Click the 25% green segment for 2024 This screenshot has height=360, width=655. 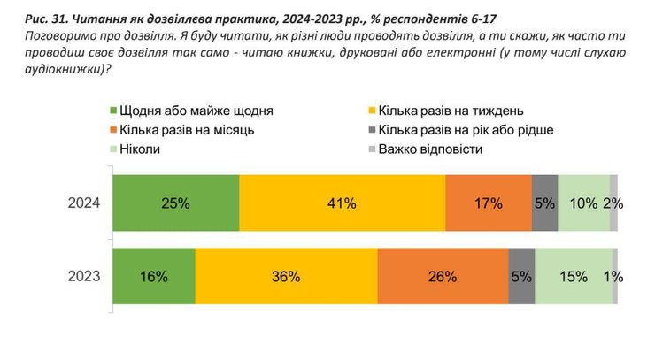(176, 203)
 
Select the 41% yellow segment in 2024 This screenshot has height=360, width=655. (342, 203)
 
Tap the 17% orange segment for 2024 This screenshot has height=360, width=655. (488, 203)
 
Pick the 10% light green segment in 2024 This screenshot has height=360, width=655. (584, 203)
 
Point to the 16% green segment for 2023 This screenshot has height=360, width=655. (154, 276)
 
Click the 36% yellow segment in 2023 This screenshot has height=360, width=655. (287, 276)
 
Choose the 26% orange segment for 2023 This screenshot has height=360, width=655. (443, 276)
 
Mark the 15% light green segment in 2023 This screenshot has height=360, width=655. (574, 276)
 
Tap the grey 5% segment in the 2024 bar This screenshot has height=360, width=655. (544, 203)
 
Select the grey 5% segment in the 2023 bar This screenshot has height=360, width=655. (522, 276)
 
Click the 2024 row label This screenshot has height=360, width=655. (85, 203)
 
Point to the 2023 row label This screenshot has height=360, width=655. (85, 276)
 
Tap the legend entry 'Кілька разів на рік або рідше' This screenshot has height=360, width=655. (466, 130)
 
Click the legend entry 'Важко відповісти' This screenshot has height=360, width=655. (430, 149)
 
